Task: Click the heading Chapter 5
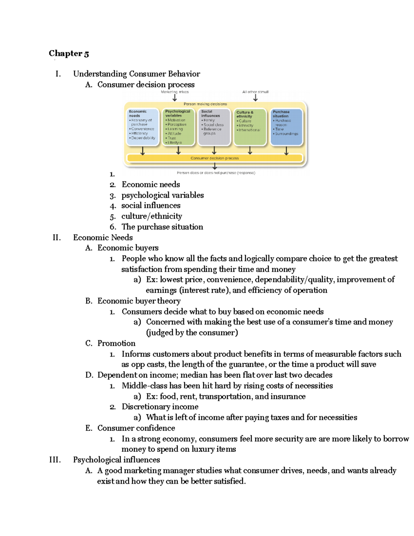(x=69, y=53)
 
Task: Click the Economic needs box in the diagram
(x=142, y=127)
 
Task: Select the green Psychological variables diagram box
(x=178, y=127)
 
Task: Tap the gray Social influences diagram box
(x=214, y=127)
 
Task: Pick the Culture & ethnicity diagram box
(x=250, y=127)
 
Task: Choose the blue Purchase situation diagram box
(x=286, y=127)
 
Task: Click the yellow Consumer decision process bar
(x=215, y=158)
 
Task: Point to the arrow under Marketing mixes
(x=175, y=98)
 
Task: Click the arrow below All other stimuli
(x=255, y=98)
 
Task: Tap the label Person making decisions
(x=205, y=104)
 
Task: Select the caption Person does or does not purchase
(x=216, y=173)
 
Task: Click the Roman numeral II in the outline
(x=57, y=237)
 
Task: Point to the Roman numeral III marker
(x=55, y=460)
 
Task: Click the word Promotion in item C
(x=116, y=343)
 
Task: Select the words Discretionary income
(x=160, y=407)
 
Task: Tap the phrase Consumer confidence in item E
(x=136, y=428)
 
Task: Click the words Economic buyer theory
(x=139, y=301)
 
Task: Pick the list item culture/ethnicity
(x=151, y=216)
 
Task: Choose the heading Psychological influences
(x=116, y=460)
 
